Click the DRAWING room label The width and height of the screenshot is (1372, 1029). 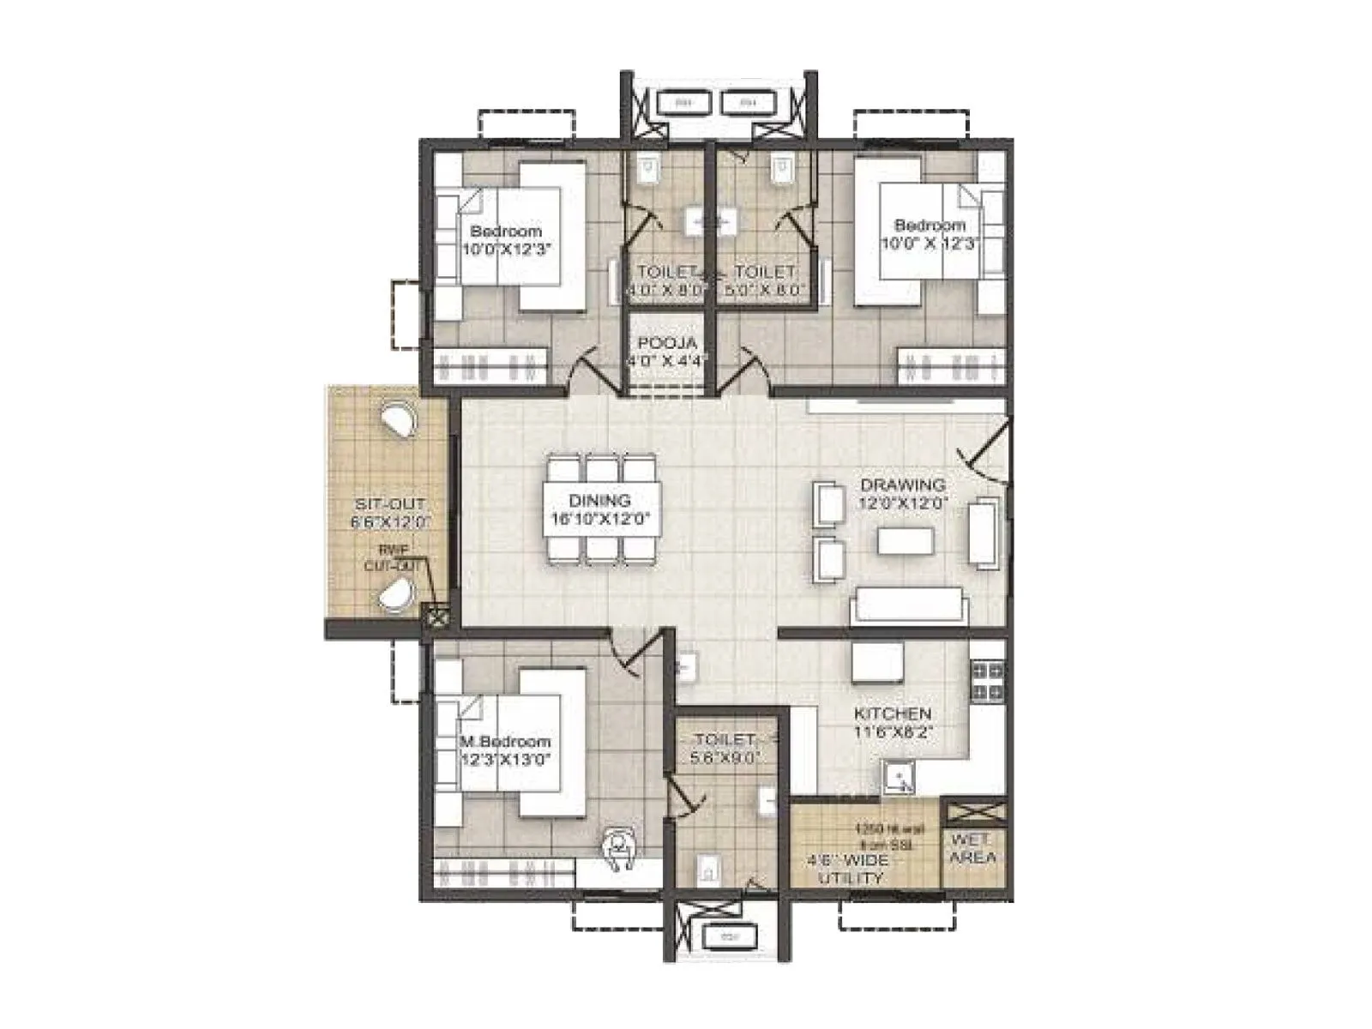click(903, 485)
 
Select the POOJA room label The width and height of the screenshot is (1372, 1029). click(666, 343)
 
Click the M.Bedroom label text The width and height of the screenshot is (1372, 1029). click(505, 741)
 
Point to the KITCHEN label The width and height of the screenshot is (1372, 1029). click(892, 713)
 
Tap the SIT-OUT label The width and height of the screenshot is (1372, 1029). click(389, 504)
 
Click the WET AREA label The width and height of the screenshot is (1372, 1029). click(973, 848)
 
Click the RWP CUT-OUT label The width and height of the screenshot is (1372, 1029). click(393, 558)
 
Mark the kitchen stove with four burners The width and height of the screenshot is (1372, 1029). click(987, 681)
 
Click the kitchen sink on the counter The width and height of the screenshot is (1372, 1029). click(899, 778)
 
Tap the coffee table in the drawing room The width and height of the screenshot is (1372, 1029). click(905, 541)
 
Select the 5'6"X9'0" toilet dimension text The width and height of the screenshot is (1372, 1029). click(725, 758)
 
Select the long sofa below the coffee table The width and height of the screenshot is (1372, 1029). click(907, 605)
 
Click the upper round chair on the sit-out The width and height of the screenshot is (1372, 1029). click(396, 422)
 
